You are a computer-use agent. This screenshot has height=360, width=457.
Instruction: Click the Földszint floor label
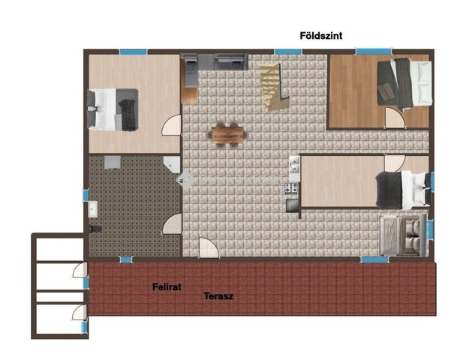click(x=321, y=36)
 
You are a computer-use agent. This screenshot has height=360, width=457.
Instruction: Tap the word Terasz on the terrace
click(x=218, y=296)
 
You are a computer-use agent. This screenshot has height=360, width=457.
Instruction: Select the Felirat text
click(x=167, y=287)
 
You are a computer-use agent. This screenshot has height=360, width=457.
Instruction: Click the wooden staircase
click(x=274, y=87)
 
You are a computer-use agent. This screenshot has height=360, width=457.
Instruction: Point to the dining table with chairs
click(x=227, y=134)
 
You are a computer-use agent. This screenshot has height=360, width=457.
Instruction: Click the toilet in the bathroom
click(x=95, y=229)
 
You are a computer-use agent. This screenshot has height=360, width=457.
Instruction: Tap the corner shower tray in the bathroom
click(x=172, y=164)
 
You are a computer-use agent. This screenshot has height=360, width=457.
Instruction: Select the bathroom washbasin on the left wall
click(x=93, y=209)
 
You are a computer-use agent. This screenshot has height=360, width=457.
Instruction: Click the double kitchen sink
click(x=294, y=165)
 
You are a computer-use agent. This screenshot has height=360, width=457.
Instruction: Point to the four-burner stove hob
click(x=291, y=188)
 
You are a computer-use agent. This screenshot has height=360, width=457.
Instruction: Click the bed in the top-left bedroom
click(x=113, y=109)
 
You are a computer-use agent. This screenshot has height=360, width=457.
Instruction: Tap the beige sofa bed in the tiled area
click(x=404, y=236)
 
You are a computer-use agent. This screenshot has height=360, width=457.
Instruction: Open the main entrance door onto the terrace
click(x=209, y=247)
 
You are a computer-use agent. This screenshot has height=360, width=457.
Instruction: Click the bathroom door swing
click(x=172, y=223)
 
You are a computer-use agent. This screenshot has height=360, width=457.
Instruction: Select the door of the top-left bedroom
click(x=171, y=125)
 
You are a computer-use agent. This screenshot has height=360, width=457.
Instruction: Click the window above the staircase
click(x=288, y=52)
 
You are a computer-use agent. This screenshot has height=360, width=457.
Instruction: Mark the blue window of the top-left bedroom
click(x=133, y=52)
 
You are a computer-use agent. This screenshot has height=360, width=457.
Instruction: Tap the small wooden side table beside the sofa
click(x=189, y=95)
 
